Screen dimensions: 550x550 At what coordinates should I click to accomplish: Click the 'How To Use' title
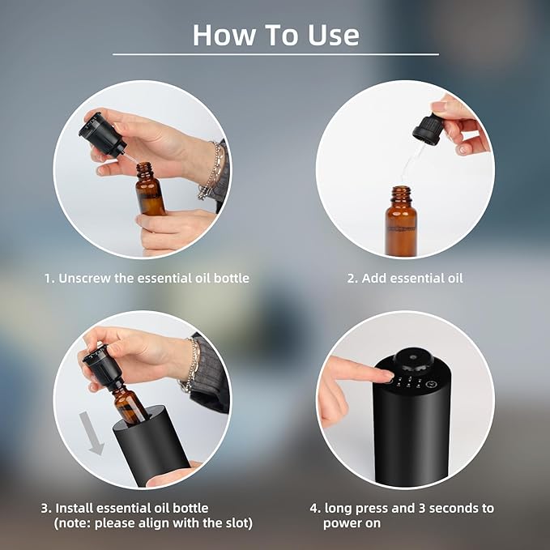point(275,35)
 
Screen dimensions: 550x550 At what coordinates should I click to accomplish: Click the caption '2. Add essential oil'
point(404,278)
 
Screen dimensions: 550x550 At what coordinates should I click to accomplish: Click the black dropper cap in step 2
point(427,130)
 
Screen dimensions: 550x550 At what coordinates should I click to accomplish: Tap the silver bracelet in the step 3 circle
point(192,365)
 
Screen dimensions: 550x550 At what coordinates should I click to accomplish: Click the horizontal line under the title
point(275,54)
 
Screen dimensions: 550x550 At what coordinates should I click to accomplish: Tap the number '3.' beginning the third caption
point(46,508)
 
